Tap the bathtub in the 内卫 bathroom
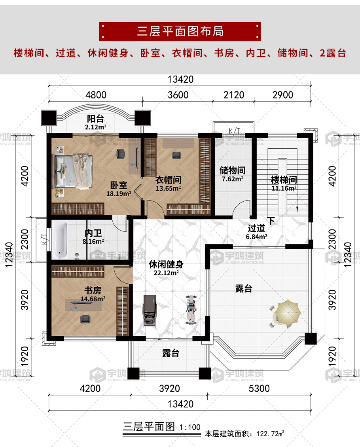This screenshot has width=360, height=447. click(x=60, y=240)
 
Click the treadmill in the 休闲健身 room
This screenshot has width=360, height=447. click(x=150, y=311)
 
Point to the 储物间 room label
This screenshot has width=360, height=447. click(x=233, y=170)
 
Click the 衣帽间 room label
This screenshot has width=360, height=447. click(x=168, y=180)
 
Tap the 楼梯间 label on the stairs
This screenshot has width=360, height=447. click(x=284, y=180)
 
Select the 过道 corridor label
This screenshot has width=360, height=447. click(x=256, y=228)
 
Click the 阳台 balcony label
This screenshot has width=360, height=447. click(x=95, y=119)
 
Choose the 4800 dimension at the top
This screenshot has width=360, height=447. click(x=96, y=95)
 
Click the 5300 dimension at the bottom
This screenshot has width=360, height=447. click(x=259, y=388)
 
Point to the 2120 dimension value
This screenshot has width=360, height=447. click(x=234, y=95)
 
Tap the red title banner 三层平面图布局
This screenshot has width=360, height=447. click(x=180, y=31)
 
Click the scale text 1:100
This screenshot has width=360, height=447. click(x=190, y=427)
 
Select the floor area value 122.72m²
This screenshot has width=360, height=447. click(x=270, y=434)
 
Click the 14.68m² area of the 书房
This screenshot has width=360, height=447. click(x=93, y=299)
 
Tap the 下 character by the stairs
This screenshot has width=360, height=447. click(x=271, y=220)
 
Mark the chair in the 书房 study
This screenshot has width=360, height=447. click(x=85, y=319)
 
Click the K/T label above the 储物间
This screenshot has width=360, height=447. click(x=234, y=131)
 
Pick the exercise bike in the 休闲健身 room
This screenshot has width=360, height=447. click(x=191, y=309)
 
